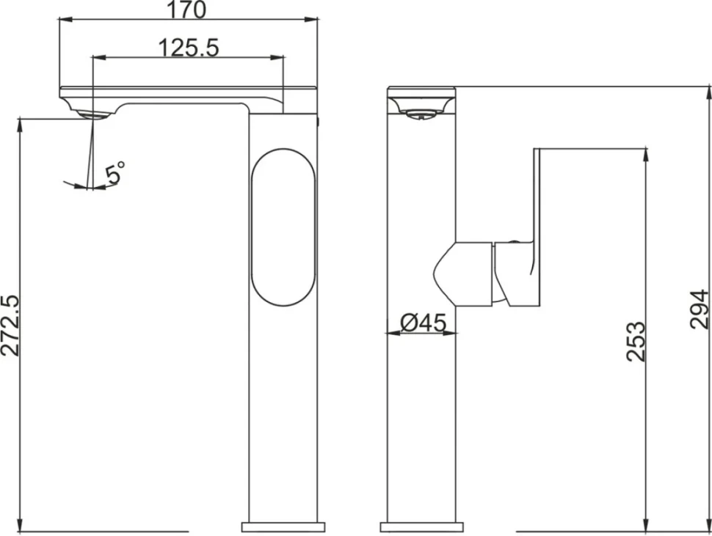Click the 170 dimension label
[x=187, y=10]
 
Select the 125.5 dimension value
[x=189, y=48]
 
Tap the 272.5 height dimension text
[x=11, y=325]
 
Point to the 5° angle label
[x=115, y=172]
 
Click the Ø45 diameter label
[x=424, y=323]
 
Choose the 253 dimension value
[x=636, y=342]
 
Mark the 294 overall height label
[x=700, y=309]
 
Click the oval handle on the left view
[x=283, y=227]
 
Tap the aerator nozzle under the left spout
[x=92, y=114]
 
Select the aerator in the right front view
[x=421, y=114]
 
